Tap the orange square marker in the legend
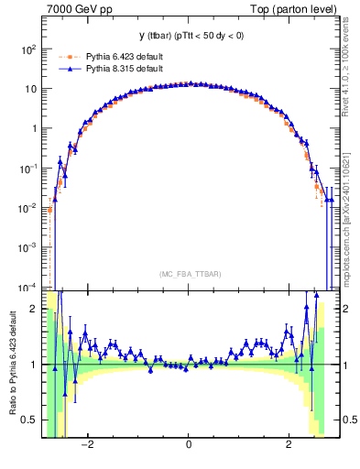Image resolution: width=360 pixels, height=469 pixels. click(70, 56)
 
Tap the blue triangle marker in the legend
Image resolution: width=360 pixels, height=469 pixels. click(70, 68)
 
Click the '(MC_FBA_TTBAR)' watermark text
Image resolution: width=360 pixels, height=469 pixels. click(188, 274)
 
